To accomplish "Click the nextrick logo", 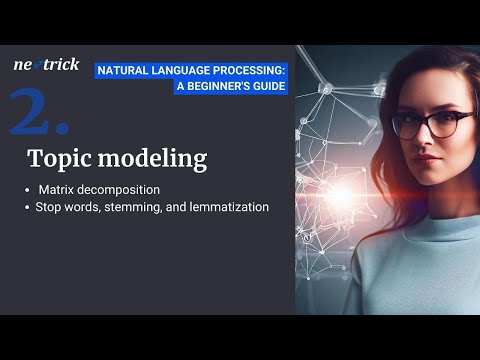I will tap(46, 65).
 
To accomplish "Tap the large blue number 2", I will tap(38, 112).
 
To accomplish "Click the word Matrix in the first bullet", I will tap(57, 189).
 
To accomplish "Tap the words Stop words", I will tap(66, 207).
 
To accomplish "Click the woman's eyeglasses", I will tap(429, 124).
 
